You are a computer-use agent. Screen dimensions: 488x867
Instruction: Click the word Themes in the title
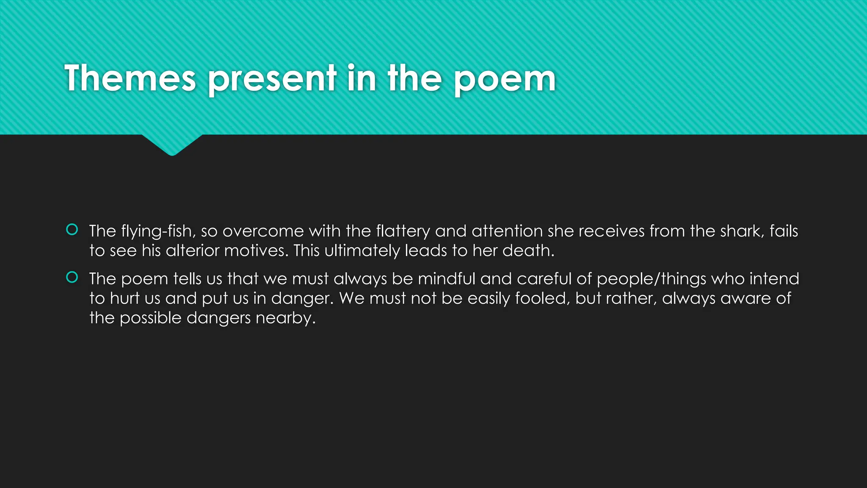(130, 78)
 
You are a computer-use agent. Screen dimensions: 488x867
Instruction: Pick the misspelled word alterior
(193, 251)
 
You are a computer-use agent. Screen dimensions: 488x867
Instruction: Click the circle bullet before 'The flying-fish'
(72, 230)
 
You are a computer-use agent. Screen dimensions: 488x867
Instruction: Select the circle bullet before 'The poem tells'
(72, 277)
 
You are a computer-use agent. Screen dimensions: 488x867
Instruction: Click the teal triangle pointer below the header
(172, 144)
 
